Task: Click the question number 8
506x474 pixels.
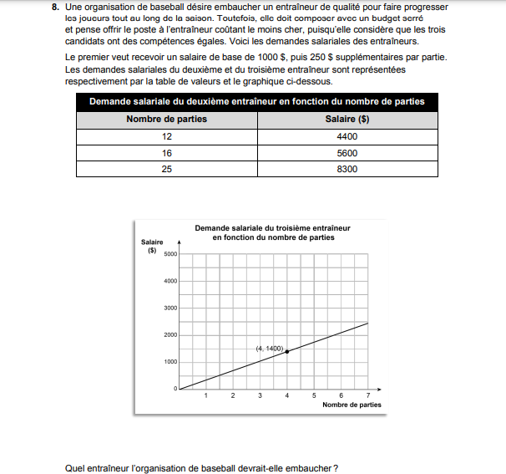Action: pyautogui.click(x=55, y=8)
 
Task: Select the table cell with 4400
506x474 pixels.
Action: pyautogui.click(x=347, y=136)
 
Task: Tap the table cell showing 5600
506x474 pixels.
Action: pyautogui.click(x=347, y=153)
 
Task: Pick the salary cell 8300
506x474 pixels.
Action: pyautogui.click(x=347, y=169)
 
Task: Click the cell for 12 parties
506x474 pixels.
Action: pyautogui.click(x=166, y=136)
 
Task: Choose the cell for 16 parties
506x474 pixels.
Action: pyautogui.click(x=166, y=153)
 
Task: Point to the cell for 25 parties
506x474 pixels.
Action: pyautogui.click(x=166, y=169)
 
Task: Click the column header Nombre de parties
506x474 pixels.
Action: pyautogui.click(x=166, y=119)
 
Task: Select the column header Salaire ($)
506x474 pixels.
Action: pyautogui.click(x=347, y=119)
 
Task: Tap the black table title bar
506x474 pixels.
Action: pyautogui.click(x=256, y=101)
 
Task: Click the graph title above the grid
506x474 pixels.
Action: pyautogui.click(x=272, y=232)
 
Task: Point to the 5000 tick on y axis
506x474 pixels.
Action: pyautogui.click(x=170, y=254)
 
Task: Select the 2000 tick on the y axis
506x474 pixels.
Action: pyautogui.click(x=170, y=335)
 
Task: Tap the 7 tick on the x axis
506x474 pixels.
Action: pyautogui.click(x=368, y=395)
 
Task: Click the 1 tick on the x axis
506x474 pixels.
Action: pyautogui.click(x=205, y=395)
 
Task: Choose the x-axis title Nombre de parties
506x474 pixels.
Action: pyautogui.click(x=352, y=405)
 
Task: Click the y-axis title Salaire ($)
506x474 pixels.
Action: pyautogui.click(x=152, y=246)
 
